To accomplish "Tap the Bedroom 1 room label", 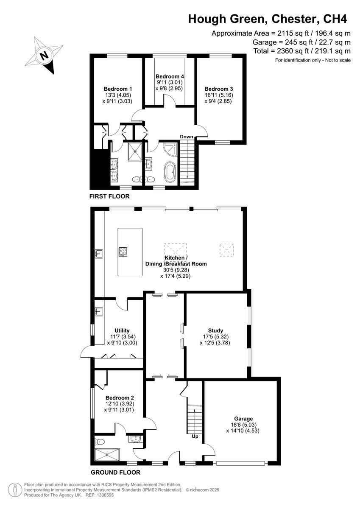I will pyautogui.click(x=118, y=89).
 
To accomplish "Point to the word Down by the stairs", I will pyautogui.click(x=187, y=137).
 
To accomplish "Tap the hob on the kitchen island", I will pyautogui.click(x=123, y=252).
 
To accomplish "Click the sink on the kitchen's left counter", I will pyautogui.click(x=99, y=254).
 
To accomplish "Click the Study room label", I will pyautogui.click(x=215, y=330).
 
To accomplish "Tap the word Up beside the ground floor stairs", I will pyautogui.click(x=195, y=436).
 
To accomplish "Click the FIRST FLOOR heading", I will pyautogui.click(x=109, y=196).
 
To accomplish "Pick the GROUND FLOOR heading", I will pyautogui.click(x=115, y=472).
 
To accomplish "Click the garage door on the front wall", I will pyautogui.click(x=241, y=464).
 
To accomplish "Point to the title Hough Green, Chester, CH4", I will pyautogui.click(x=268, y=19).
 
